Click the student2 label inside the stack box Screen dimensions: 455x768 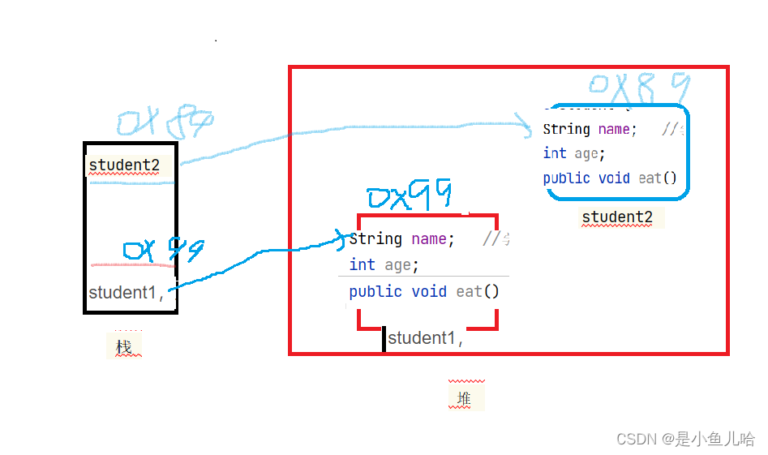[x=124, y=165]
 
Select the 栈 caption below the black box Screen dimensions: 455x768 [x=124, y=346]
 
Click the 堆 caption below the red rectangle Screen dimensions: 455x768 [x=464, y=397]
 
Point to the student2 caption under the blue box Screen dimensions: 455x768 [x=617, y=217]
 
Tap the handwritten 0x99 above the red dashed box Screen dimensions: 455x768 [x=410, y=197]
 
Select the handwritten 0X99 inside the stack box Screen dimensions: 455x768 [x=163, y=250]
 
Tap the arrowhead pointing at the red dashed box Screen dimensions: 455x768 [x=341, y=237]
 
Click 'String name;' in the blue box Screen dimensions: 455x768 [x=590, y=130]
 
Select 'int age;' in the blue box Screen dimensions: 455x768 [x=574, y=153]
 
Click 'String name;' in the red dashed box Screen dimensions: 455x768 [x=401, y=239]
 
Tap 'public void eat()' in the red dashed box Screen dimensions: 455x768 [x=424, y=292]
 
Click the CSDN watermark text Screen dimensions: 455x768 [x=685, y=439]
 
